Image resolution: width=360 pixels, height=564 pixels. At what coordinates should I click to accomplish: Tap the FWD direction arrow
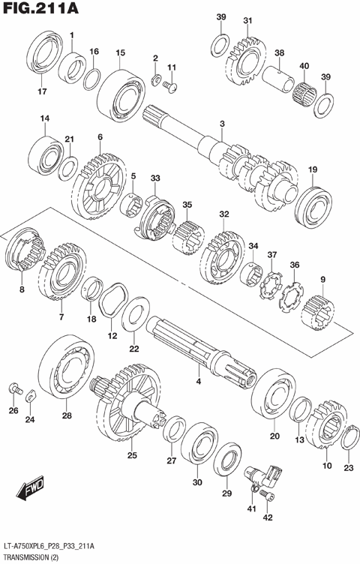(x=28, y=491)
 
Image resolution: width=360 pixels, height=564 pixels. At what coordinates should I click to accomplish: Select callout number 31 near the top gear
(x=247, y=20)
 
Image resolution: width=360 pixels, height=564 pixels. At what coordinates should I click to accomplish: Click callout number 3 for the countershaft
(x=222, y=124)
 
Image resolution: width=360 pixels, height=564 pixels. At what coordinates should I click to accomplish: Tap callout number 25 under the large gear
(x=132, y=455)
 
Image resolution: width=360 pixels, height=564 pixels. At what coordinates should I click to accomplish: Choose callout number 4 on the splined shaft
(x=199, y=382)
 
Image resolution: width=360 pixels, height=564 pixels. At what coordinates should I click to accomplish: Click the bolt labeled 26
(x=13, y=389)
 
